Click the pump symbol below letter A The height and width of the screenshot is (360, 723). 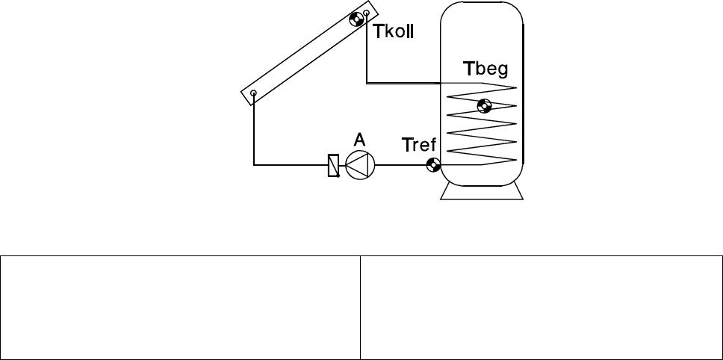[x=360, y=165]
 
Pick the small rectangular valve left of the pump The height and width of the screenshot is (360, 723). [x=333, y=165]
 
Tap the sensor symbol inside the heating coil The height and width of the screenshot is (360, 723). [x=484, y=106]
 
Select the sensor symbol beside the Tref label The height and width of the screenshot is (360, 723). [x=432, y=165]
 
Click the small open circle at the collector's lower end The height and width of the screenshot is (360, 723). [x=254, y=94]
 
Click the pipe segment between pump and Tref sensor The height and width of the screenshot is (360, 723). [x=400, y=165]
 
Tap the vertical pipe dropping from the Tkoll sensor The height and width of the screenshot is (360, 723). [x=367, y=52]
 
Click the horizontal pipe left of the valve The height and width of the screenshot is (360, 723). [x=291, y=165]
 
